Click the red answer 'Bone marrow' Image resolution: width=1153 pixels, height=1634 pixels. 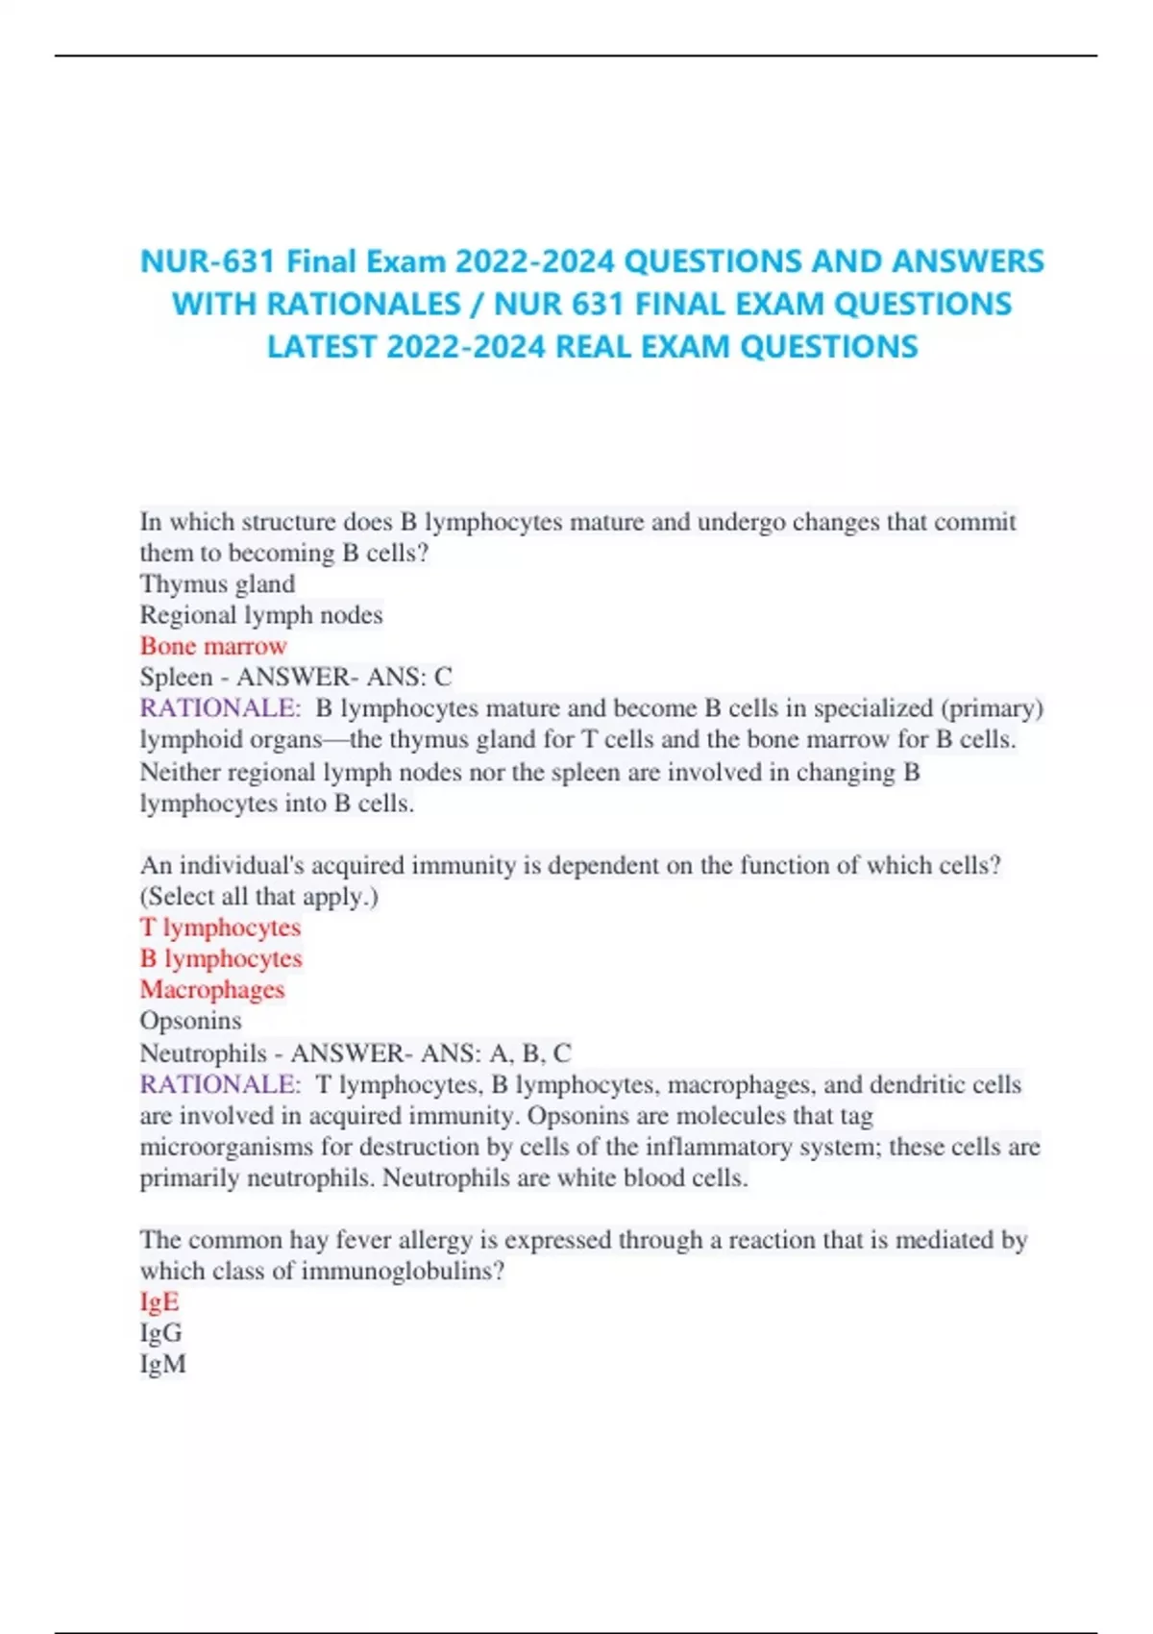213,646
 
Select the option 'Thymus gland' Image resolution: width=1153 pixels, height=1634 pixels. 217,584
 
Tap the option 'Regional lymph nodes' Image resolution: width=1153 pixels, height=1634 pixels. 261,615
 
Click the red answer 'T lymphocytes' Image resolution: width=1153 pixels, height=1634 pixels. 220,928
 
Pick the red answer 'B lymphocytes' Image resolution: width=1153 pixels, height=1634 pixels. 221,958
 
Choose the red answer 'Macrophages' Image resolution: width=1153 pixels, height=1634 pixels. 212,989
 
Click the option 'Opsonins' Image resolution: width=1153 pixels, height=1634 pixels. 190,1021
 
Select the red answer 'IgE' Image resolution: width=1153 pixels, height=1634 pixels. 159,1301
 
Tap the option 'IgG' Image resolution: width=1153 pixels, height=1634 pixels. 160,1333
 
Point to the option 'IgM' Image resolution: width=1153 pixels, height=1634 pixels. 162,1364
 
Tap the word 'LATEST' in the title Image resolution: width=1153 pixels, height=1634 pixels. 321,346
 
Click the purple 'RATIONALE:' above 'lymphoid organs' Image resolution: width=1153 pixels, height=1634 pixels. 220,708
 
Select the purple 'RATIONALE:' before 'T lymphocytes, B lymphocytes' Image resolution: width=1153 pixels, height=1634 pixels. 220,1084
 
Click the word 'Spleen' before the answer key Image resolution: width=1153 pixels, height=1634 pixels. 176,678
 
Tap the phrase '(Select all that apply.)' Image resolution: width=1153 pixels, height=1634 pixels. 259,897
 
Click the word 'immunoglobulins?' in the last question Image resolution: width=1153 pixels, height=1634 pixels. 403,1272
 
